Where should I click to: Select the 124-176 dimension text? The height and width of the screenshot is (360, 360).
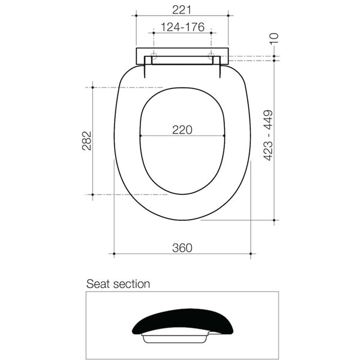pyautogui.click(x=182, y=28)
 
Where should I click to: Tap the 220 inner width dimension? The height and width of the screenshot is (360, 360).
pyautogui.click(x=182, y=130)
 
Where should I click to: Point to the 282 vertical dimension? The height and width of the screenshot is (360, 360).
pyautogui.click(x=87, y=140)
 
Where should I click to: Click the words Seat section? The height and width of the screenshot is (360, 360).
pyautogui.click(x=118, y=284)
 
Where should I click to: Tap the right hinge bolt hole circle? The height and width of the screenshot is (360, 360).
pyautogui.click(x=211, y=58)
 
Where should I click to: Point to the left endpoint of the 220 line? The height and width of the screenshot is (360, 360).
pyautogui.click(x=140, y=136)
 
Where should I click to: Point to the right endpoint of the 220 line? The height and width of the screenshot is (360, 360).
pyautogui.click(x=224, y=136)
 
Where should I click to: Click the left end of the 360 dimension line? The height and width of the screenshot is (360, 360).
pyautogui.click(x=113, y=254)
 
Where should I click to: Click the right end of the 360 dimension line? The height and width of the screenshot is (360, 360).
pyautogui.click(x=251, y=254)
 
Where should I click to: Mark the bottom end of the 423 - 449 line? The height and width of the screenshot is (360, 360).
pyautogui.click(x=274, y=221)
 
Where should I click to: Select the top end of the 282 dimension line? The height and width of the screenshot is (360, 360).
pyautogui.click(x=93, y=88)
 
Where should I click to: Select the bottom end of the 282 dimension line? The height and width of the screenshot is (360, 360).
pyautogui.click(x=93, y=194)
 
